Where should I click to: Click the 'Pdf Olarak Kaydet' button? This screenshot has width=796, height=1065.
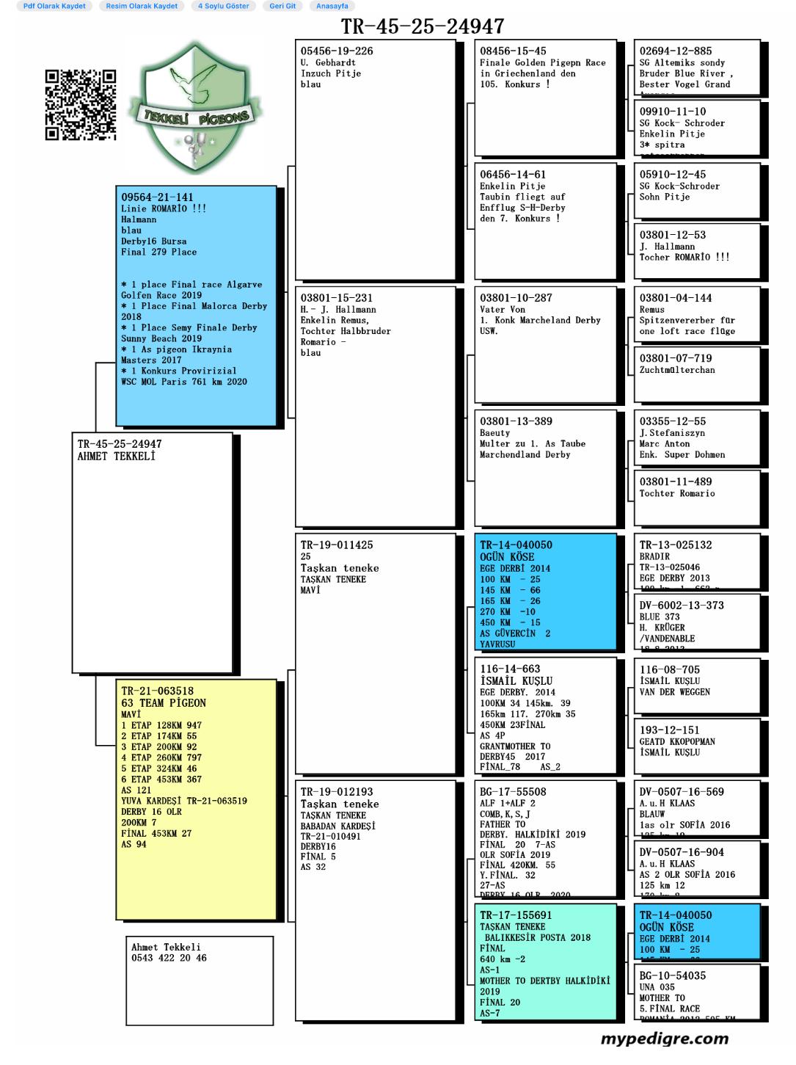pyautogui.click(x=54, y=6)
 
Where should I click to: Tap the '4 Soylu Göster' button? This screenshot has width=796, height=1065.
pyautogui.click(x=223, y=6)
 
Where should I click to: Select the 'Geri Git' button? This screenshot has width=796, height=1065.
pyautogui.click(x=282, y=6)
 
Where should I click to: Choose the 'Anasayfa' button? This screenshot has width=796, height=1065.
pyautogui.click(x=332, y=6)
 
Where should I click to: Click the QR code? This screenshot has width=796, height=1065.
pyautogui.click(x=81, y=104)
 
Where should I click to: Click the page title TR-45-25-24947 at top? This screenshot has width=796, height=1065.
pyautogui.click(x=422, y=27)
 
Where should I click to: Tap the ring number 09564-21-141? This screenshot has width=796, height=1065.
pyautogui.click(x=157, y=197)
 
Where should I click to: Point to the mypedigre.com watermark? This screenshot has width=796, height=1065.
pyautogui.click(x=664, y=1039)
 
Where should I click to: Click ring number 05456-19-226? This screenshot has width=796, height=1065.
pyautogui.click(x=336, y=51)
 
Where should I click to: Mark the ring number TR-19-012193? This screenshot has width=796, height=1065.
pyautogui.click(x=336, y=792)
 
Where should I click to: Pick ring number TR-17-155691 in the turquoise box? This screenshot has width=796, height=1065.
pyautogui.click(x=516, y=915)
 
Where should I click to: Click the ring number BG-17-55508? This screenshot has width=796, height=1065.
pyautogui.click(x=513, y=792)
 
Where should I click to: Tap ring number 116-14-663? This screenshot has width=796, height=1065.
pyautogui.click(x=510, y=669)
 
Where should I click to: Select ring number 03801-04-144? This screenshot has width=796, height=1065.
pyautogui.click(x=675, y=298)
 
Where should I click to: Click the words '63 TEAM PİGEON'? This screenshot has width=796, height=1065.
pyautogui.click(x=164, y=702)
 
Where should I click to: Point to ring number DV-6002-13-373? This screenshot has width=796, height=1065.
pyautogui.click(x=681, y=606)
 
